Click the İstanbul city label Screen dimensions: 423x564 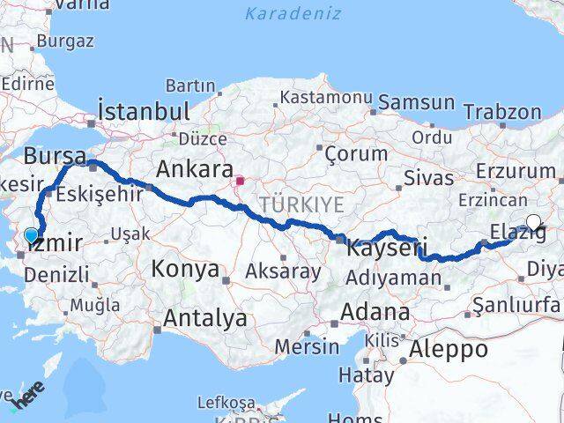pyautogui.click(x=145, y=112)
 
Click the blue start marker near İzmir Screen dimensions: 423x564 pyautogui.click(x=32, y=235)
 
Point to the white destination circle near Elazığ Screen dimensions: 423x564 pyautogui.click(x=533, y=223)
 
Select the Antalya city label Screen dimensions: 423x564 pyautogui.click(x=202, y=318)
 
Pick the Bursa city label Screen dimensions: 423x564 pyautogui.click(x=56, y=156)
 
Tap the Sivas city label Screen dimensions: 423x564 pyautogui.click(x=428, y=176)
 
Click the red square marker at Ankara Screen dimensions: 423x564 pyautogui.click(x=240, y=182)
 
